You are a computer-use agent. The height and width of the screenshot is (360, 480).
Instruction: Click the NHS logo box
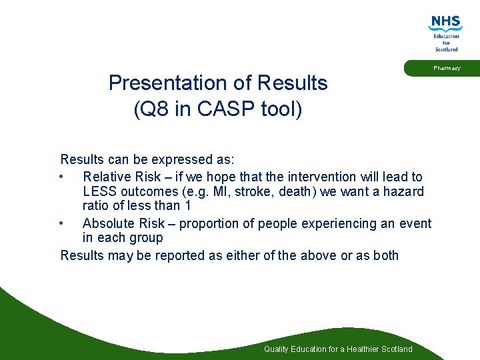446,23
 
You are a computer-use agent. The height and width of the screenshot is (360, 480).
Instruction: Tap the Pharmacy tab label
446,68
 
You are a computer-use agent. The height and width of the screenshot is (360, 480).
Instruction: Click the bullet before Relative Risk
61,177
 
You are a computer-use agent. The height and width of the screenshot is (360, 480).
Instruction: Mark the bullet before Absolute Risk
61,223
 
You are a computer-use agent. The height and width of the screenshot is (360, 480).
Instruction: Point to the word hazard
403,191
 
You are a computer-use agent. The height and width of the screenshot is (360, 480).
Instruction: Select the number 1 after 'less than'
187,206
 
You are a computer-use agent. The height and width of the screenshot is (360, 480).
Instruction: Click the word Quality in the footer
276,349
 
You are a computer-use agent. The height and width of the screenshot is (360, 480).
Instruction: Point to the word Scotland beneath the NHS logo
447,49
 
